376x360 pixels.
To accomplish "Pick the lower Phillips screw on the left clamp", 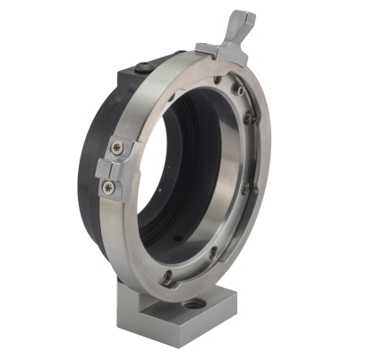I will [x=109, y=186].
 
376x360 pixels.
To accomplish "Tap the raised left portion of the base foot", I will [x=143, y=310].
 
